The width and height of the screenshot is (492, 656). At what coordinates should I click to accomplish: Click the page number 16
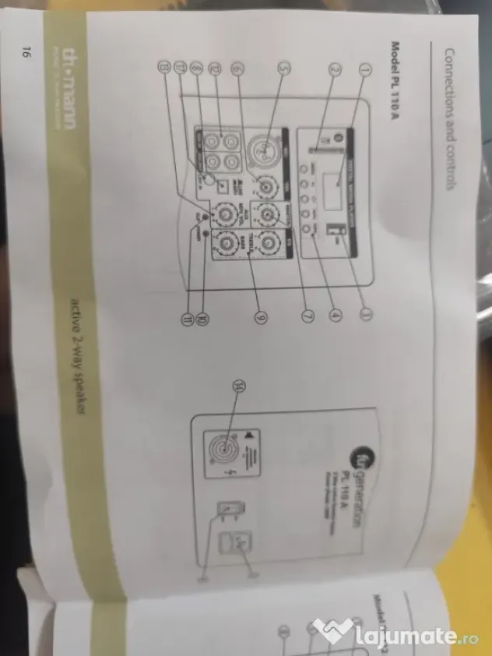pos(26,54)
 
